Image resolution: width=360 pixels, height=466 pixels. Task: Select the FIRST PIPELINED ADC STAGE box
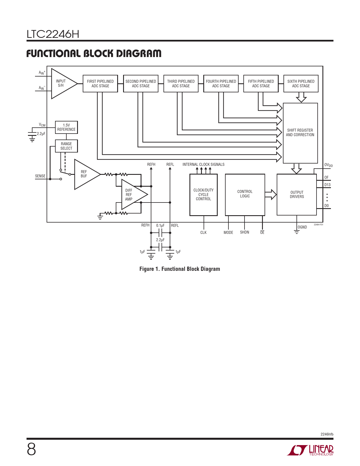pyautogui.click(x=100, y=84)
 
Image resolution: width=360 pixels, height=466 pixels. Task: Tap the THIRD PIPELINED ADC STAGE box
pyautogui.click(x=181, y=84)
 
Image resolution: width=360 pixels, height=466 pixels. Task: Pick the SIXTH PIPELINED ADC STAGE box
pyautogui.click(x=301, y=84)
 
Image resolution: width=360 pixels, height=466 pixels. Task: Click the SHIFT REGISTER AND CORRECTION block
pyautogui.click(x=300, y=133)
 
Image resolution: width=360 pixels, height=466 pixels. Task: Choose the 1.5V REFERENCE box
pyautogui.click(x=66, y=127)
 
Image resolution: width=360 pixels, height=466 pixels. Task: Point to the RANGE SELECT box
pyautogui.click(x=66, y=146)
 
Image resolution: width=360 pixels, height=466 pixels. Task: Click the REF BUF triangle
pyautogui.click(x=85, y=174)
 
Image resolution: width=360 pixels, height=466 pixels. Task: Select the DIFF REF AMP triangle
pyautogui.click(x=131, y=195)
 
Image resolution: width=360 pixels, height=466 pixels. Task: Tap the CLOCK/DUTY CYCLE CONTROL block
pyautogui.click(x=204, y=195)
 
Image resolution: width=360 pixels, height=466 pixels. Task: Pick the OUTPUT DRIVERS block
pyautogui.click(x=297, y=195)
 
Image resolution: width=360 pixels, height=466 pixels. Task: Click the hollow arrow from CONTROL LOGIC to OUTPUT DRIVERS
pyautogui.click(x=271, y=194)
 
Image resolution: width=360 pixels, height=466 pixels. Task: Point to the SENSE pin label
pyautogui.click(x=40, y=176)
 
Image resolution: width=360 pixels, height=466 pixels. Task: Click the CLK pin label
pyautogui.click(x=203, y=232)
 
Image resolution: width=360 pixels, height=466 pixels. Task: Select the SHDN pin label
pyautogui.click(x=245, y=232)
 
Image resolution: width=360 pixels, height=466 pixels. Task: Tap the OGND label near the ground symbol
pyautogui.click(x=302, y=227)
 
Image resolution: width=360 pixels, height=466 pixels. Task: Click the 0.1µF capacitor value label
pyautogui.click(x=160, y=225)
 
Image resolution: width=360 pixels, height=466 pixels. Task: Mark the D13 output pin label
pyautogui.click(x=327, y=185)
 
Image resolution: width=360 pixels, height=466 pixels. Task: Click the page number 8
pyautogui.click(x=31, y=449)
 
